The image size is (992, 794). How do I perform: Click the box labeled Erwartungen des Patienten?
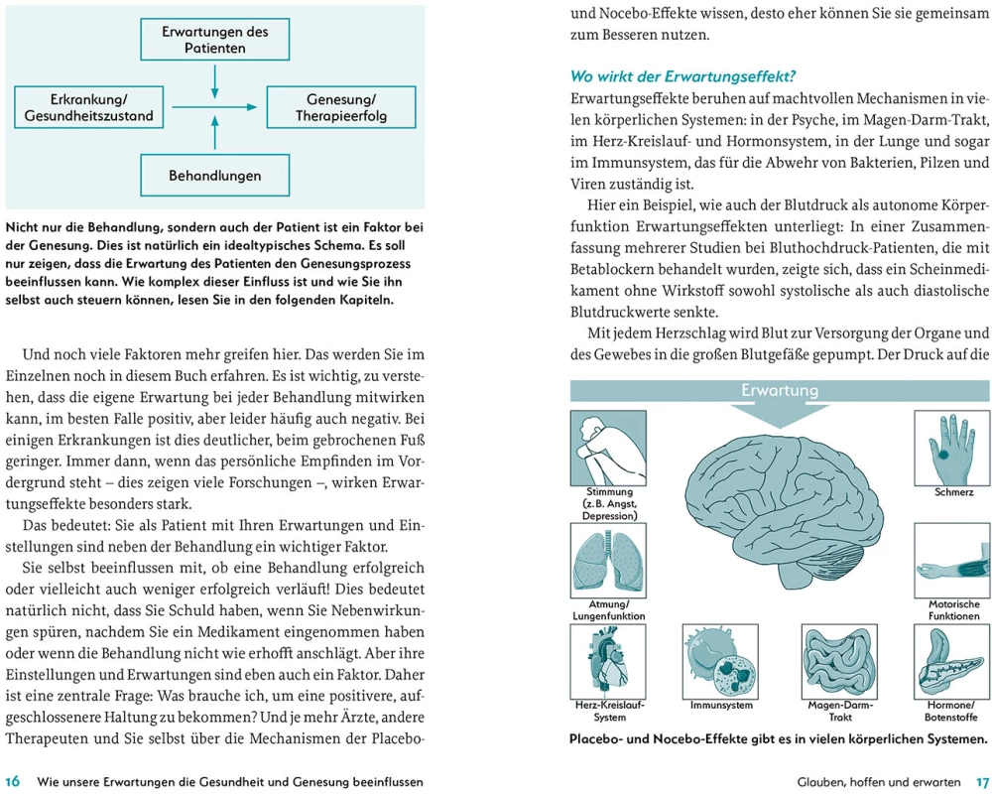(x=215, y=40)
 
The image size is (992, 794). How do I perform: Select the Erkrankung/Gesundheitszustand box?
(x=89, y=107)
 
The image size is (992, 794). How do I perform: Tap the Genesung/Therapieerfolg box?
(x=341, y=107)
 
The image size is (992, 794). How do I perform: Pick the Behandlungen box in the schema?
(x=215, y=175)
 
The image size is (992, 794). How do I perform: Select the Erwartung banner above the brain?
(x=780, y=391)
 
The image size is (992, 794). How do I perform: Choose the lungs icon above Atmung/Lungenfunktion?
(x=608, y=561)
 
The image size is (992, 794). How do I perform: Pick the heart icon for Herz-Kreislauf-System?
(x=608, y=661)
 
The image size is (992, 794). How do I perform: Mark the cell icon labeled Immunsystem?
(x=720, y=661)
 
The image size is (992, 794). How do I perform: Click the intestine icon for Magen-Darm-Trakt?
(x=839, y=661)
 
